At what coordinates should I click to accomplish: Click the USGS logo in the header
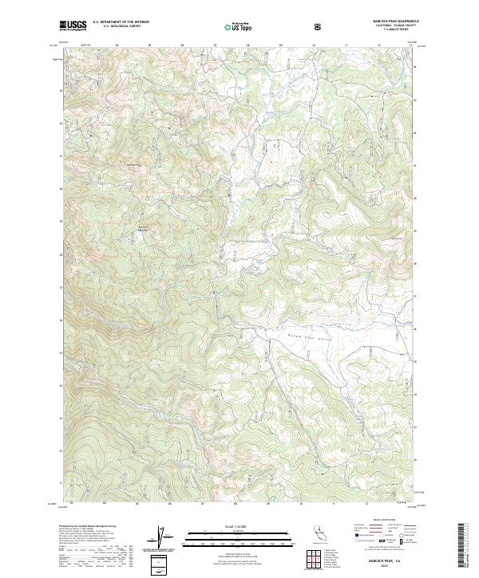click(73, 26)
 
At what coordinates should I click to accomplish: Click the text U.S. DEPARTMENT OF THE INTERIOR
click(121, 23)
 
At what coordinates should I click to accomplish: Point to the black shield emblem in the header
click(319, 26)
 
